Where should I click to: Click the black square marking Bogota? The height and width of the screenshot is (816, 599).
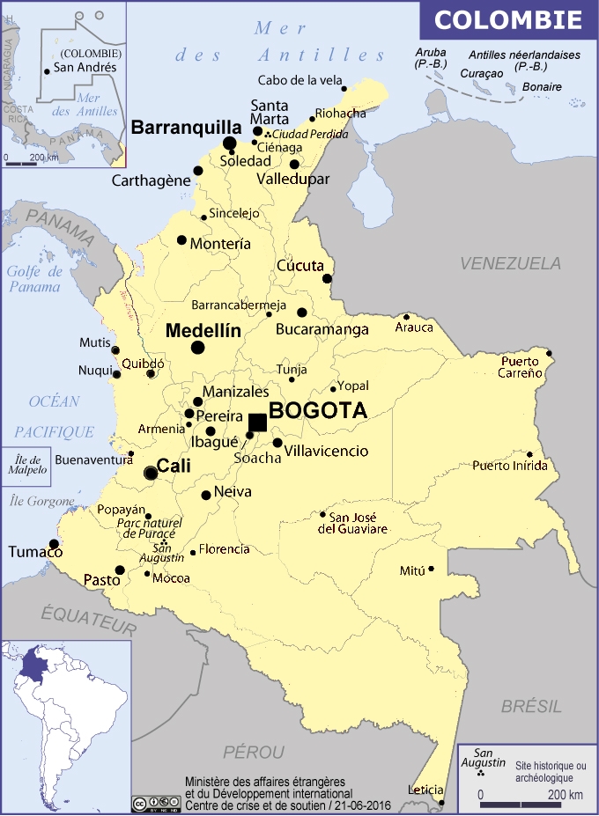coord(257,422)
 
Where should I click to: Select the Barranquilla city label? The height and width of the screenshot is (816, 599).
coord(186,127)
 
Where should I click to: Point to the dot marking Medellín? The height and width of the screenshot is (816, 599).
coord(197,348)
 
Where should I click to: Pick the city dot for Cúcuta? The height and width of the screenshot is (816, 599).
coord(327,279)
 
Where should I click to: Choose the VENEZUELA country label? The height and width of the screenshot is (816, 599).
coord(510,263)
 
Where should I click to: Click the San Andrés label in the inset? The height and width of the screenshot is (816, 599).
coord(85,67)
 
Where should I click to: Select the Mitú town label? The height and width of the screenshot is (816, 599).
coord(412,570)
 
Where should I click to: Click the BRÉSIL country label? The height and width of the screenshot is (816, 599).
coord(531,706)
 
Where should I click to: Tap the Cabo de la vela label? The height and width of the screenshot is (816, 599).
coord(299,80)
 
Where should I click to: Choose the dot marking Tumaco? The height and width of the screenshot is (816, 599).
coord(54,544)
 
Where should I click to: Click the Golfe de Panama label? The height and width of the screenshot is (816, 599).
coord(34,278)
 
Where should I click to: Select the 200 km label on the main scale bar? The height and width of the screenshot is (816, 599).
coord(566,796)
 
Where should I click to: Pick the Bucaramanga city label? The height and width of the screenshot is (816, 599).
coord(322,329)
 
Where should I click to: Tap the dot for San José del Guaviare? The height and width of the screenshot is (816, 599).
coord(322,515)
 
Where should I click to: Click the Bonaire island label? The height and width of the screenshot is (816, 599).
coord(542,87)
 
